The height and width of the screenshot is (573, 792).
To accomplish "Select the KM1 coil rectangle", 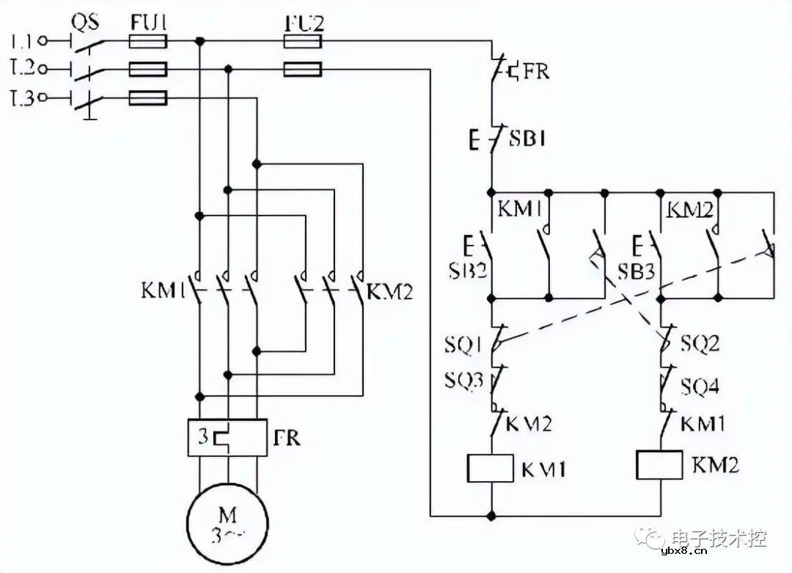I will click(489, 467).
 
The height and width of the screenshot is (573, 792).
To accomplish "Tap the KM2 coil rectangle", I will click(661, 464).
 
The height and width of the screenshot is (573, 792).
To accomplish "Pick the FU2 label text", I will click(302, 22).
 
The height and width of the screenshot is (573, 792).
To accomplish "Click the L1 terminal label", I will click(23, 40).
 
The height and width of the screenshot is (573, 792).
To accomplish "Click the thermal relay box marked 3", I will click(227, 438).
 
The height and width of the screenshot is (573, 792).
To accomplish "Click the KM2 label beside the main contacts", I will click(389, 293).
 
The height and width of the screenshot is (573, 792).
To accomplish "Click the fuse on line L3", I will click(147, 98).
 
